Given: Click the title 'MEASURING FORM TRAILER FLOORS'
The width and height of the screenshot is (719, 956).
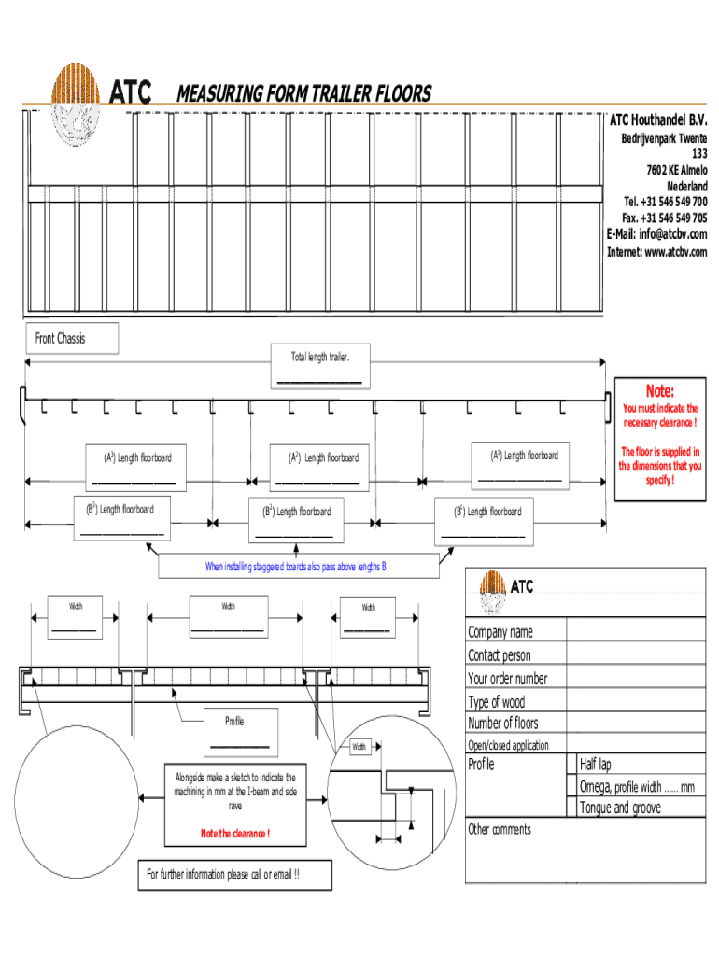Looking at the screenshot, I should click(303, 93).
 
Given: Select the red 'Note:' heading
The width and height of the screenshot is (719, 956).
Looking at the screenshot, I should click(659, 391).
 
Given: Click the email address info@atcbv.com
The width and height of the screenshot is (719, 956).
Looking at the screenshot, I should click(657, 234).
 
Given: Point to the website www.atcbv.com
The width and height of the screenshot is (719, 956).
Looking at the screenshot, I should click(657, 252).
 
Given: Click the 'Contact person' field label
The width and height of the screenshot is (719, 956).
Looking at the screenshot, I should click(500, 655).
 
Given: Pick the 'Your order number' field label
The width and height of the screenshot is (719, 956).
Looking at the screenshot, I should click(508, 679).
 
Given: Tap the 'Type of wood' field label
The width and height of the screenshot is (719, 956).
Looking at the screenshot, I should click(497, 702).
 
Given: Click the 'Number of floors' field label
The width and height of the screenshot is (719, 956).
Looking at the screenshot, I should click(503, 724).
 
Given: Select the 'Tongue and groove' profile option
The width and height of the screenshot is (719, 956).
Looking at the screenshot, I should click(619, 808).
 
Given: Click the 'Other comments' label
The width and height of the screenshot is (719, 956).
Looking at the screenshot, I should click(500, 829).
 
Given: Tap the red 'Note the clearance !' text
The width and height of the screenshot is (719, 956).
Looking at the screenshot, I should click(234, 833).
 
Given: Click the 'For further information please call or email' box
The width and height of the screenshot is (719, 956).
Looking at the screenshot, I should click(223, 875).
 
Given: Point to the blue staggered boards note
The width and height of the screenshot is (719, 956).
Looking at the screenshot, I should click(296, 567).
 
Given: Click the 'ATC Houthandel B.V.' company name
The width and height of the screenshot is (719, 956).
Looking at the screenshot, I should click(658, 121).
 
